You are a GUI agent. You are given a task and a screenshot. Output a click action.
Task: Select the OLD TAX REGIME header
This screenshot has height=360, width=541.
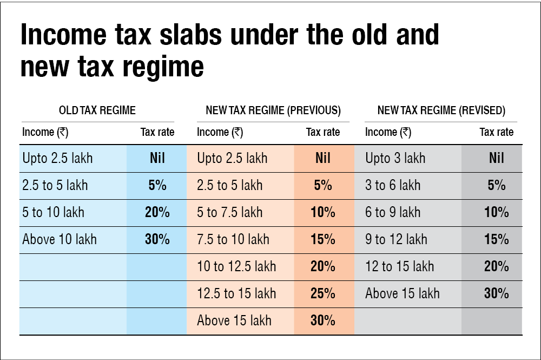coord(97,111)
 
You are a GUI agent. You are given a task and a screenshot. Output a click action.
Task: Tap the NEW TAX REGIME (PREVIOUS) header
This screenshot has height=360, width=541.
coord(273,111)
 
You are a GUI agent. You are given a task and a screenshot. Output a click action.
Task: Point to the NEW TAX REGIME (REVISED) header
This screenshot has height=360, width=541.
coord(441,111)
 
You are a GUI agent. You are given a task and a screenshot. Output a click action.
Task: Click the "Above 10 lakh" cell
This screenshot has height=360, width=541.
coord(60,239)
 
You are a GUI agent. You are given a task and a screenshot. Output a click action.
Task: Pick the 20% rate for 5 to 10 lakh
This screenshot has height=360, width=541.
coord(157,212)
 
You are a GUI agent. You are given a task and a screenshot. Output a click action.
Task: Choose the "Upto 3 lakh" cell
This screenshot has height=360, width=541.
coord(395,158)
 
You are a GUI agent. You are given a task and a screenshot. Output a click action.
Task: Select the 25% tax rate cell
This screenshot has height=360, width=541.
coord(323,293)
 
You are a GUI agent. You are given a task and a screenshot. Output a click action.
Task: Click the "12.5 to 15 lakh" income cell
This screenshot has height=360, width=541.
coord(236,293)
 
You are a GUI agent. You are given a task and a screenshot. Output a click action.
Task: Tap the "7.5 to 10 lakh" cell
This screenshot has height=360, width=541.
coord(233,239)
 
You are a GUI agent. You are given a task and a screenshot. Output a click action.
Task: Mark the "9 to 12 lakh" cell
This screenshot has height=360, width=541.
coord(396,239)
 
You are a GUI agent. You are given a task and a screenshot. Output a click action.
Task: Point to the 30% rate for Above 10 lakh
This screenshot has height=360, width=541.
coord(157,239)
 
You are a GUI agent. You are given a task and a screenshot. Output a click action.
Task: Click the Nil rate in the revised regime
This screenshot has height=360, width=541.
coord(496,158)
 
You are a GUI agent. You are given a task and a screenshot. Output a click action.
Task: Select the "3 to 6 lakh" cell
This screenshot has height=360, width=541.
coord(393,185)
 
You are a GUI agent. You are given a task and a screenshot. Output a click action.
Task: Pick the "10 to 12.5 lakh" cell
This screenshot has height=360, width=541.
coord(236,266)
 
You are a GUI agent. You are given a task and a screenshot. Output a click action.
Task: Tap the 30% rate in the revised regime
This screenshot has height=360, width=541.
coord(496,293)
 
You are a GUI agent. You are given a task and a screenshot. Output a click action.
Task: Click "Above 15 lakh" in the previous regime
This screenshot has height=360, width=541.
coord(234,320)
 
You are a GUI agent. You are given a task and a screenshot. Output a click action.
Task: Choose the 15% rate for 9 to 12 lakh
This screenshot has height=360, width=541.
coord(496,239)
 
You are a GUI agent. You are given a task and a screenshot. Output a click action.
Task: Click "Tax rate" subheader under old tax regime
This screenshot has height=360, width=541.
coord(157,132)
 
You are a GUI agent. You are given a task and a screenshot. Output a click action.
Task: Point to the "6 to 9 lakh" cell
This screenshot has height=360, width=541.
coord(393,212)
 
